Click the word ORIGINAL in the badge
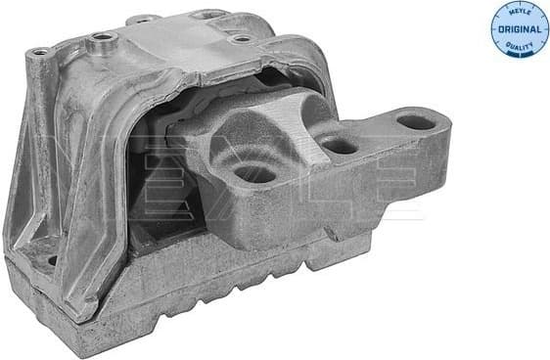click(x=519, y=29)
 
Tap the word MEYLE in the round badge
click(x=519, y=12)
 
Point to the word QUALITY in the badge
click(x=519, y=46)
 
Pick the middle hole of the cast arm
click(x=339, y=146)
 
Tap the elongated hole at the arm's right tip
click(x=415, y=122)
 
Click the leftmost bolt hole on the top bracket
click(x=39, y=52)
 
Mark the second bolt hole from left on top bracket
click(x=99, y=41)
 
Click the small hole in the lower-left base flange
click(x=52, y=259)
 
